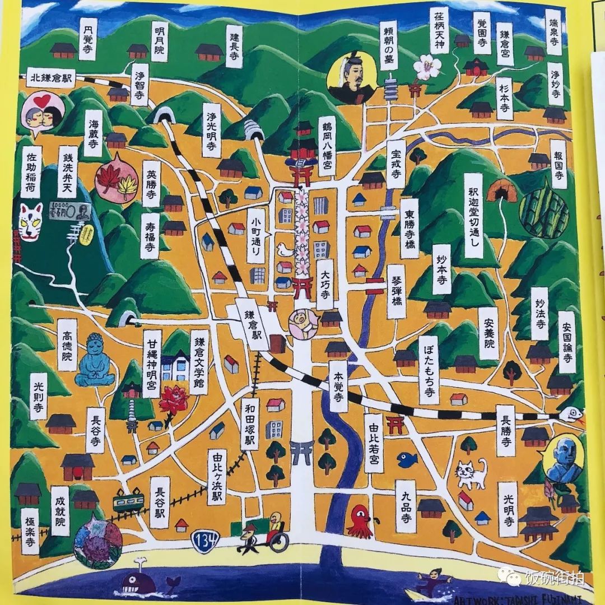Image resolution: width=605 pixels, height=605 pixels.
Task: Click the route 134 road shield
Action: pos(202,542)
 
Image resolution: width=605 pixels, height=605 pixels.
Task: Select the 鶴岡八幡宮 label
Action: pos(327,143)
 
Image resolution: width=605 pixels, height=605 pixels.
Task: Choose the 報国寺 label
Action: pos(559,168)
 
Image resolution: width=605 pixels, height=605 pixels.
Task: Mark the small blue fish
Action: pos(407,459)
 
